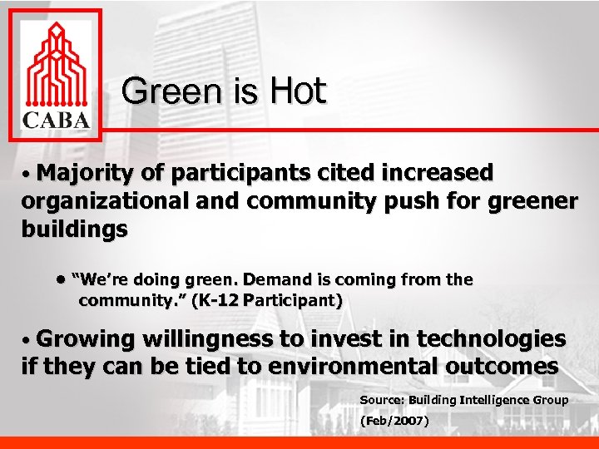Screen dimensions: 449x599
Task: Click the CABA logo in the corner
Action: tap(55, 76)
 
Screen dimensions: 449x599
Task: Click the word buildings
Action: tap(74, 229)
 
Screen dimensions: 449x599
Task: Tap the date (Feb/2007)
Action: tap(394, 422)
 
